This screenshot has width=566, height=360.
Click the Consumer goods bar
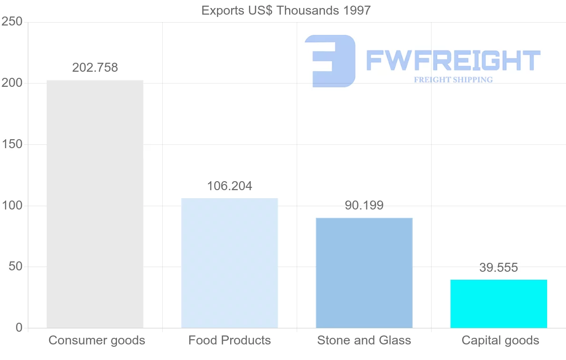pos(95,204)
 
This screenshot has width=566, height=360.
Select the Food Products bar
pos(229,263)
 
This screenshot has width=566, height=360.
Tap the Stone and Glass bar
pos(364,273)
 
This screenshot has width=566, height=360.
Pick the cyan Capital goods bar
pos(499,304)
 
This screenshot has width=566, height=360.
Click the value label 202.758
pos(95,68)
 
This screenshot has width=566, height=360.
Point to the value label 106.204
pos(229,186)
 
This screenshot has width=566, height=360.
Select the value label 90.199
pos(364,206)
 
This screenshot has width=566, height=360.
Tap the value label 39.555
pos(499,268)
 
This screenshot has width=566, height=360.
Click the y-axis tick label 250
pos(12,22)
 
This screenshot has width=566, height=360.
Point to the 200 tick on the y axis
pos(12,83)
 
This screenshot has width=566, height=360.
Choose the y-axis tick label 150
pos(12,144)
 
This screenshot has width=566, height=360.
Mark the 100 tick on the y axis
pos(12,206)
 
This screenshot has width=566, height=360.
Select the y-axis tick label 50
pos(16,267)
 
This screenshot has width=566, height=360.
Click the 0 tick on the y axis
pos(19,328)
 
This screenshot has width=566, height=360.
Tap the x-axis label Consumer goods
pos(97,340)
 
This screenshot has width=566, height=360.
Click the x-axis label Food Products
pos(230,340)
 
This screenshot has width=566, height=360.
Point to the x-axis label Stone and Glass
pos(364,340)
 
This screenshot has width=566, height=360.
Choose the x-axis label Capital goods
pos(500,340)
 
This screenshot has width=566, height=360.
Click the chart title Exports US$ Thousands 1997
pos(286,10)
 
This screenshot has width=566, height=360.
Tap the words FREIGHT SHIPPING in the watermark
pos(453,80)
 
